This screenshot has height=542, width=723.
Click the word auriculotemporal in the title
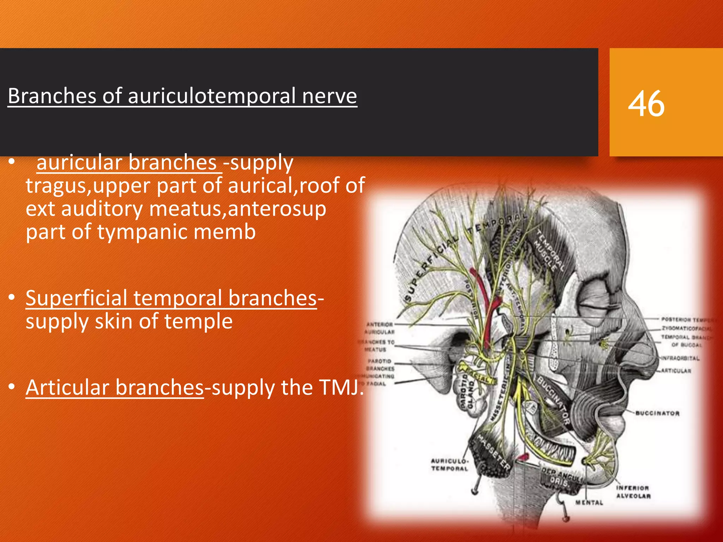[x=212, y=96]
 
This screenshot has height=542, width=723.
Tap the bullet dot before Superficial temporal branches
[x=12, y=297]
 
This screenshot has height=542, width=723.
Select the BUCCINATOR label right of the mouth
[x=657, y=413]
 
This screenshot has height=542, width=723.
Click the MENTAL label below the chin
[x=589, y=502]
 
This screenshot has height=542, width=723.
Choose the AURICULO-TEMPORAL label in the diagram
[x=449, y=465]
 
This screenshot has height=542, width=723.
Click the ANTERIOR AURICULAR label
[x=380, y=328]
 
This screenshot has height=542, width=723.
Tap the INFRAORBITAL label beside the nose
[x=680, y=359]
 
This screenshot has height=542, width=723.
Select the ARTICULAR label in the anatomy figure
[x=676, y=371]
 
